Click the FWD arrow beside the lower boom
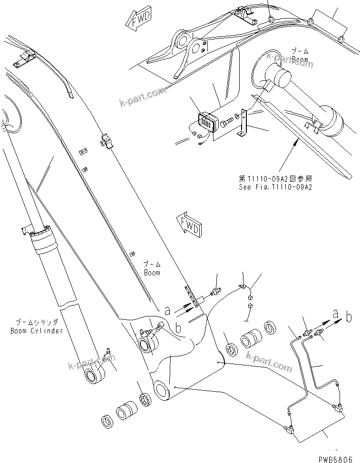coord(188,224)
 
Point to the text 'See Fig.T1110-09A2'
coord(276,187)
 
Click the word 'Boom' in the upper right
coord(300,59)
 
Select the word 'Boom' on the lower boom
coord(152,273)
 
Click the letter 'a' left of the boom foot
coord(167,310)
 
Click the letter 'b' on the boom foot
coord(178,328)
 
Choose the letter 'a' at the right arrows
coord(336,314)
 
